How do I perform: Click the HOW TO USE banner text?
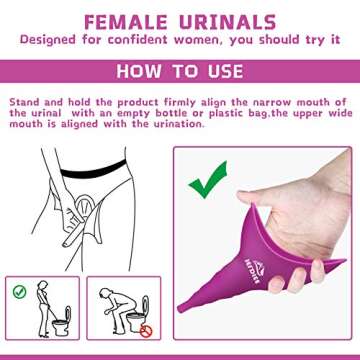click(180, 71)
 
